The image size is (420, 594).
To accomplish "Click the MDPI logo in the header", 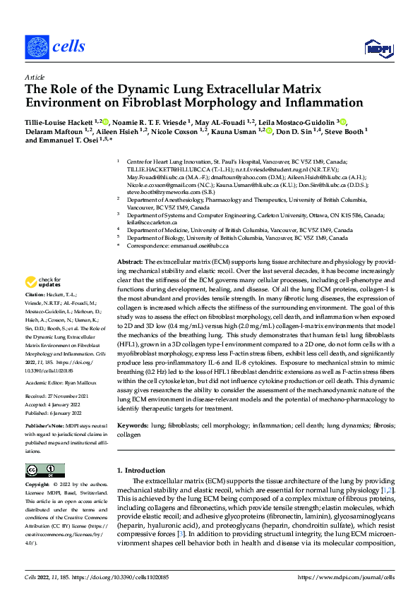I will [x=378, y=47].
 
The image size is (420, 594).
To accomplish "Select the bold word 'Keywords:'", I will [x=133, y=426].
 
